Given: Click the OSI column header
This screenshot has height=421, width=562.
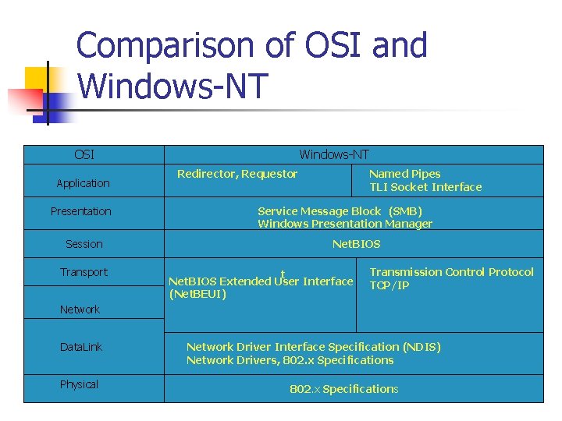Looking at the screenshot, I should pyautogui.click(x=84, y=155).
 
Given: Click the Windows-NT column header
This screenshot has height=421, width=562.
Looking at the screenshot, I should pyautogui.click(x=334, y=155).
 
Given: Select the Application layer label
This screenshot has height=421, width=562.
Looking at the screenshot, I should pyautogui.click(x=83, y=183).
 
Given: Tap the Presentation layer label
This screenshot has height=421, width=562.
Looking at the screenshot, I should pyautogui.click(x=81, y=211).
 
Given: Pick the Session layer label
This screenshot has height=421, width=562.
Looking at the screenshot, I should pyautogui.click(x=84, y=244).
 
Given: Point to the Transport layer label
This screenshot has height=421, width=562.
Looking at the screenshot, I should pyautogui.click(x=84, y=272).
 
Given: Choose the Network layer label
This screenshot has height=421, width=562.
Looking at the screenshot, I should pyautogui.click(x=80, y=310).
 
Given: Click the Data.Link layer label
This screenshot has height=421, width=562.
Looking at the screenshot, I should pyautogui.click(x=81, y=347).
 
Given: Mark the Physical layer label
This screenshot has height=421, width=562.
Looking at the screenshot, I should pyautogui.click(x=79, y=384).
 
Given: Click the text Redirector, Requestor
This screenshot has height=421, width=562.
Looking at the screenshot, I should pyautogui.click(x=237, y=174).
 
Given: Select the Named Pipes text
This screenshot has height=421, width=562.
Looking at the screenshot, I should pyautogui.click(x=404, y=174).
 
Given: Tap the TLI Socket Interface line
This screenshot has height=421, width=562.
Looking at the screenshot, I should pyautogui.click(x=425, y=187).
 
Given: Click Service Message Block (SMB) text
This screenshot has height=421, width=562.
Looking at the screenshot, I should pyautogui.click(x=340, y=211).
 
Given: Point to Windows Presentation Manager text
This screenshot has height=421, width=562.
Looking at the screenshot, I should pyautogui.click(x=344, y=224).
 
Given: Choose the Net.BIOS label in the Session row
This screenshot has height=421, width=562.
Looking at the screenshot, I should pyautogui.click(x=356, y=244).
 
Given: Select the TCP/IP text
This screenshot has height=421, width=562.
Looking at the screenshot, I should pyautogui.click(x=389, y=285).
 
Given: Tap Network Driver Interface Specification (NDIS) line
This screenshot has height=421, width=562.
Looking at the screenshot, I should pyautogui.click(x=313, y=347).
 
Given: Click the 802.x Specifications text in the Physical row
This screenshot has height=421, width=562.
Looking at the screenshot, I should pyautogui.click(x=343, y=389).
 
